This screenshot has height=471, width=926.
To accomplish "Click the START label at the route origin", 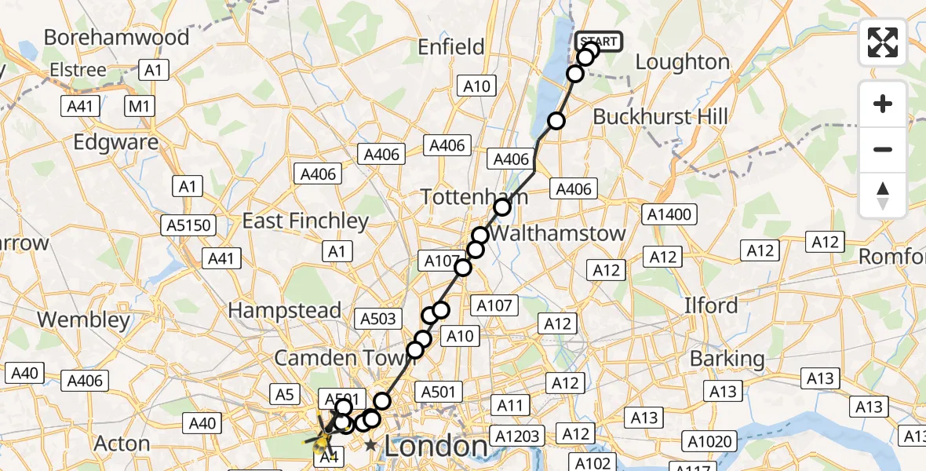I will click(x=599, y=41).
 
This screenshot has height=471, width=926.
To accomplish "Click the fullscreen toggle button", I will click(x=883, y=42).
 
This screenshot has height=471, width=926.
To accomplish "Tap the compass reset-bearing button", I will click(x=883, y=195).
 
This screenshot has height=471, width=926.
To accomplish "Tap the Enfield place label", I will click(x=451, y=47).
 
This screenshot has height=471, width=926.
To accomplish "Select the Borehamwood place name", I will click(x=117, y=38).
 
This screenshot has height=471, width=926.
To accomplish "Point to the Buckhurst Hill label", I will click(x=660, y=117).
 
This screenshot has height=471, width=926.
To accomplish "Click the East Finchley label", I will click(x=305, y=221).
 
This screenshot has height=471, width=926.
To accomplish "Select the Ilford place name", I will click(x=710, y=305).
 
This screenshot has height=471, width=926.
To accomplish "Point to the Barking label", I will click(x=727, y=359).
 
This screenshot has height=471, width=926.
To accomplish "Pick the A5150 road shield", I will click(x=188, y=226).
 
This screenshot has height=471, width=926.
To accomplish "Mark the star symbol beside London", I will click(x=370, y=446).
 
